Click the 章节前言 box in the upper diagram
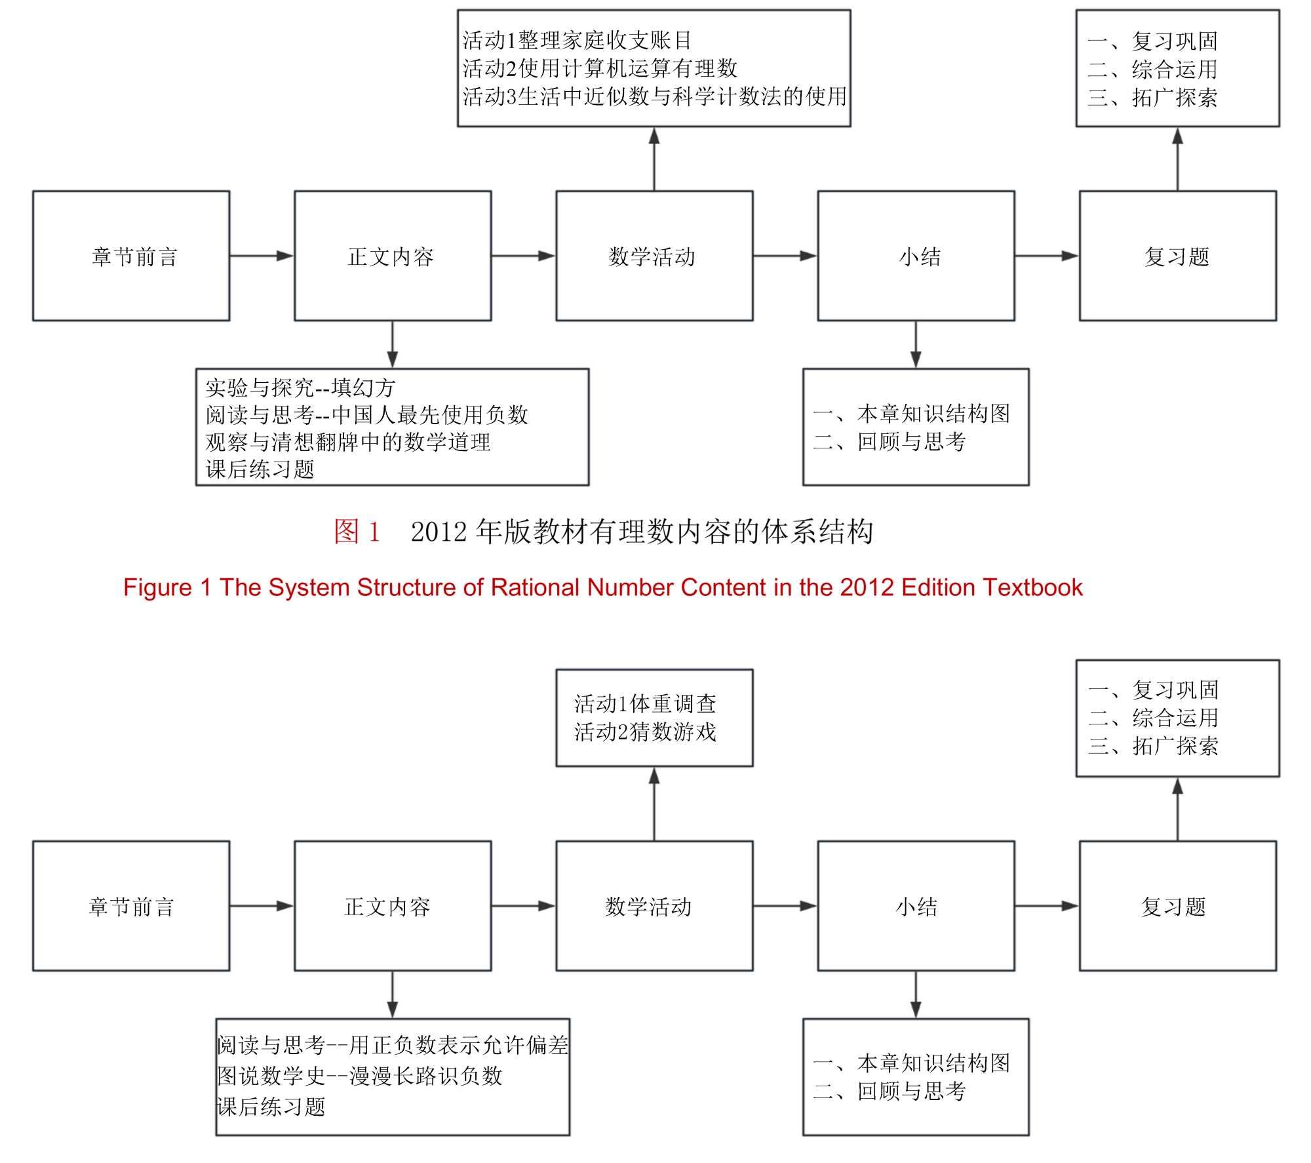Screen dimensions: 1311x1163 tap(131, 256)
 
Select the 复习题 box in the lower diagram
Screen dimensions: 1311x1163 tap(1177, 906)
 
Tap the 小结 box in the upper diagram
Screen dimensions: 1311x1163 tap(916, 256)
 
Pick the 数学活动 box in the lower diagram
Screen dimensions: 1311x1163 tap(654, 906)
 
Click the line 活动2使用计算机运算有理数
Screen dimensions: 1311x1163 tap(600, 68)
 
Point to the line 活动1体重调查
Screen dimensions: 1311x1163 tap(645, 703)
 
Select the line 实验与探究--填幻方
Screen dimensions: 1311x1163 tap(300, 387)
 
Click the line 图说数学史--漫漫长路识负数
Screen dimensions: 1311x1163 tap(360, 1076)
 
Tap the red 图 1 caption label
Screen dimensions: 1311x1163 tap(357, 531)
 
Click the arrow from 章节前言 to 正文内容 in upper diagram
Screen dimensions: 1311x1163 tap(262, 256)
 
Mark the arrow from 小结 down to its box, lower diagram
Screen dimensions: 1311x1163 tap(916, 995)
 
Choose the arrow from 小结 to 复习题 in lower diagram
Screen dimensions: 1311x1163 tap(1047, 906)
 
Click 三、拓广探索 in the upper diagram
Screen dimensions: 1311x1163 tap(1152, 98)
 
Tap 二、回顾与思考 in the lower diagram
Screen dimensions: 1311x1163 tap(890, 1091)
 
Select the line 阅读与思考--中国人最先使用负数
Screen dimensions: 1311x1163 tap(366, 414)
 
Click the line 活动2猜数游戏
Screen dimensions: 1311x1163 tap(645, 732)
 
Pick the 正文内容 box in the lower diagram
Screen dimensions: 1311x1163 tap(393, 906)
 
